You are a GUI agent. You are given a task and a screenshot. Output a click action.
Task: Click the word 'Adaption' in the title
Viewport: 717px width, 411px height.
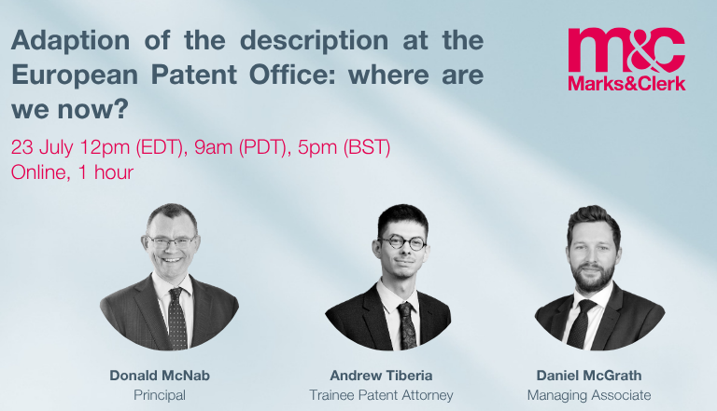point(70,41)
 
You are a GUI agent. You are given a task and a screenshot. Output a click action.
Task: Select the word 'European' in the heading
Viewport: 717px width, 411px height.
point(75,75)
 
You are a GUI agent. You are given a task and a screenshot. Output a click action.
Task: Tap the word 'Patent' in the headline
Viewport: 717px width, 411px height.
point(194,75)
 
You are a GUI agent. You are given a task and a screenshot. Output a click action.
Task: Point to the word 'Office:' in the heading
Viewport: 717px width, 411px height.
point(292,75)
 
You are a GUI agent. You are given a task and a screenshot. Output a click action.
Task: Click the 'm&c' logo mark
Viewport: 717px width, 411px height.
point(626,49)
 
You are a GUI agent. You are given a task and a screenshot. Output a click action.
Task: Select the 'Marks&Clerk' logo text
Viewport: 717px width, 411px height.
point(627,84)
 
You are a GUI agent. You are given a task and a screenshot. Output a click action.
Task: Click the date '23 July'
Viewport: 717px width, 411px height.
point(42,147)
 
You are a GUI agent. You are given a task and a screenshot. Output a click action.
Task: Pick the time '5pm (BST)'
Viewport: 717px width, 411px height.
point(344,147)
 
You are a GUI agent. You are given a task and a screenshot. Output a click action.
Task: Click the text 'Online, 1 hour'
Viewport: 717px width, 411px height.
point(72,172)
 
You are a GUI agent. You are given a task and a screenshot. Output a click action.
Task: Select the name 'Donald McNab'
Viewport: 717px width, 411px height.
point(160,376)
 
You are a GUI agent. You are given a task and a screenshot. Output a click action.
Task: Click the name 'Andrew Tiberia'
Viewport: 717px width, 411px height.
point(381,376)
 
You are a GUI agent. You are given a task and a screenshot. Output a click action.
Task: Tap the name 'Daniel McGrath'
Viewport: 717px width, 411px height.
point(589,376)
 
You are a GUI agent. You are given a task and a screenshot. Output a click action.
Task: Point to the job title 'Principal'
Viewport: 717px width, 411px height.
point(160,395)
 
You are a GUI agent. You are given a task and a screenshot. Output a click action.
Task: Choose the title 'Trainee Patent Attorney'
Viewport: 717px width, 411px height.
point(381,395)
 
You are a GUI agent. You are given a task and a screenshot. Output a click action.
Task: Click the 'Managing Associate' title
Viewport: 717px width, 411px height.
point(589,395)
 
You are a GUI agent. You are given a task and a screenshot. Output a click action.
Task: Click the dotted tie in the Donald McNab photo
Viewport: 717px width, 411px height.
point(177,319)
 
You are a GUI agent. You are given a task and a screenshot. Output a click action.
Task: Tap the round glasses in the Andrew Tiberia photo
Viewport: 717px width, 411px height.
point(402,242)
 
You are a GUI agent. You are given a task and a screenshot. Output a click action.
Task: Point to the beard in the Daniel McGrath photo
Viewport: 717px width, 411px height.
point(593,275)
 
